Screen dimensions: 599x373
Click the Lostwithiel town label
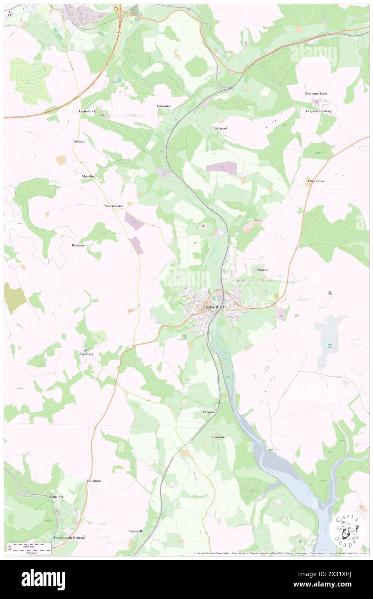(214, 306)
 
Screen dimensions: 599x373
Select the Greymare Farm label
(316, 94)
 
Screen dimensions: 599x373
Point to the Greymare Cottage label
(319, 111)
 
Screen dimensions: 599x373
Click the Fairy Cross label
(316, 181)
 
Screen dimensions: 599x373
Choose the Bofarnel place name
(221, 128)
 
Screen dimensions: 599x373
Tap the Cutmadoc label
(164, 106)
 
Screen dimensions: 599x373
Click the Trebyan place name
(78, 141)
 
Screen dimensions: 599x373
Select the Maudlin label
(88, 177)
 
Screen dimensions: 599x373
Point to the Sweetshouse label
(114, 206)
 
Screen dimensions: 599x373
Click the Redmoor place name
(78, 245)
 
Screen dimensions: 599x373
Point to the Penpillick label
(94, 480)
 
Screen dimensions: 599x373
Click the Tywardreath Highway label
(69, 538)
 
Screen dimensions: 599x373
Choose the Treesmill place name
(135, 531)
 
